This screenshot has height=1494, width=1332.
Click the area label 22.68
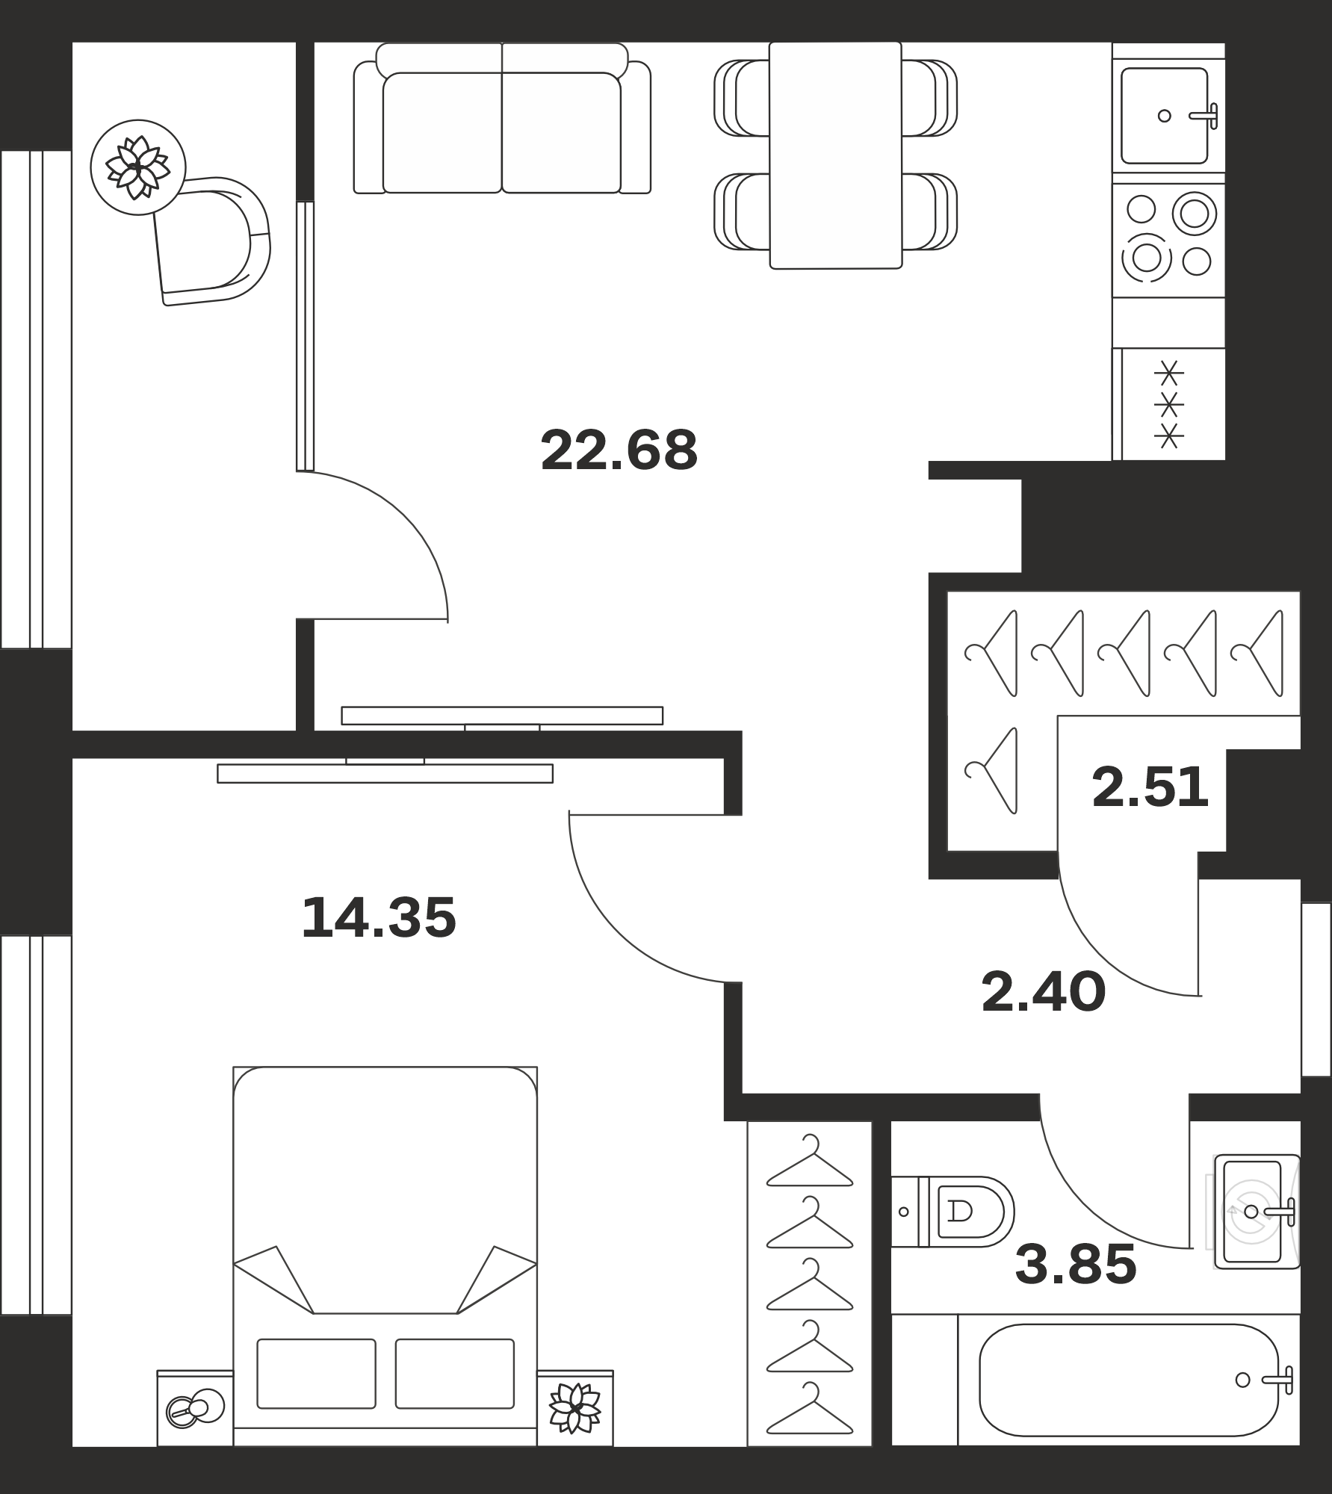point(619,450)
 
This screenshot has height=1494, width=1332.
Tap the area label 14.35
point(379,918)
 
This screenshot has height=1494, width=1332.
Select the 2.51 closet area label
point(1150,787)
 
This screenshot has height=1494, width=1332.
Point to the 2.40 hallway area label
point(1043,992)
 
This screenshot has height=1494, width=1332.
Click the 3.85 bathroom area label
point(1076,1265)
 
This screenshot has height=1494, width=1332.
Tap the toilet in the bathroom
point(952,1211)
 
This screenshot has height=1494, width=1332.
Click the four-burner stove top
point(1168,240)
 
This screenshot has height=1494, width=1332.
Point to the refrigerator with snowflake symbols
point(1168,403)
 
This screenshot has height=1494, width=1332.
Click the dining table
point(835,155)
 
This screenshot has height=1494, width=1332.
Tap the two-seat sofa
point(502,118)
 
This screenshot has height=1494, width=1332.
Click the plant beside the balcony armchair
point(137,167)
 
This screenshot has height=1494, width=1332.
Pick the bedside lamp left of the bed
point(194,1408)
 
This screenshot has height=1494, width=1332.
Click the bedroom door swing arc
point(614,937)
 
